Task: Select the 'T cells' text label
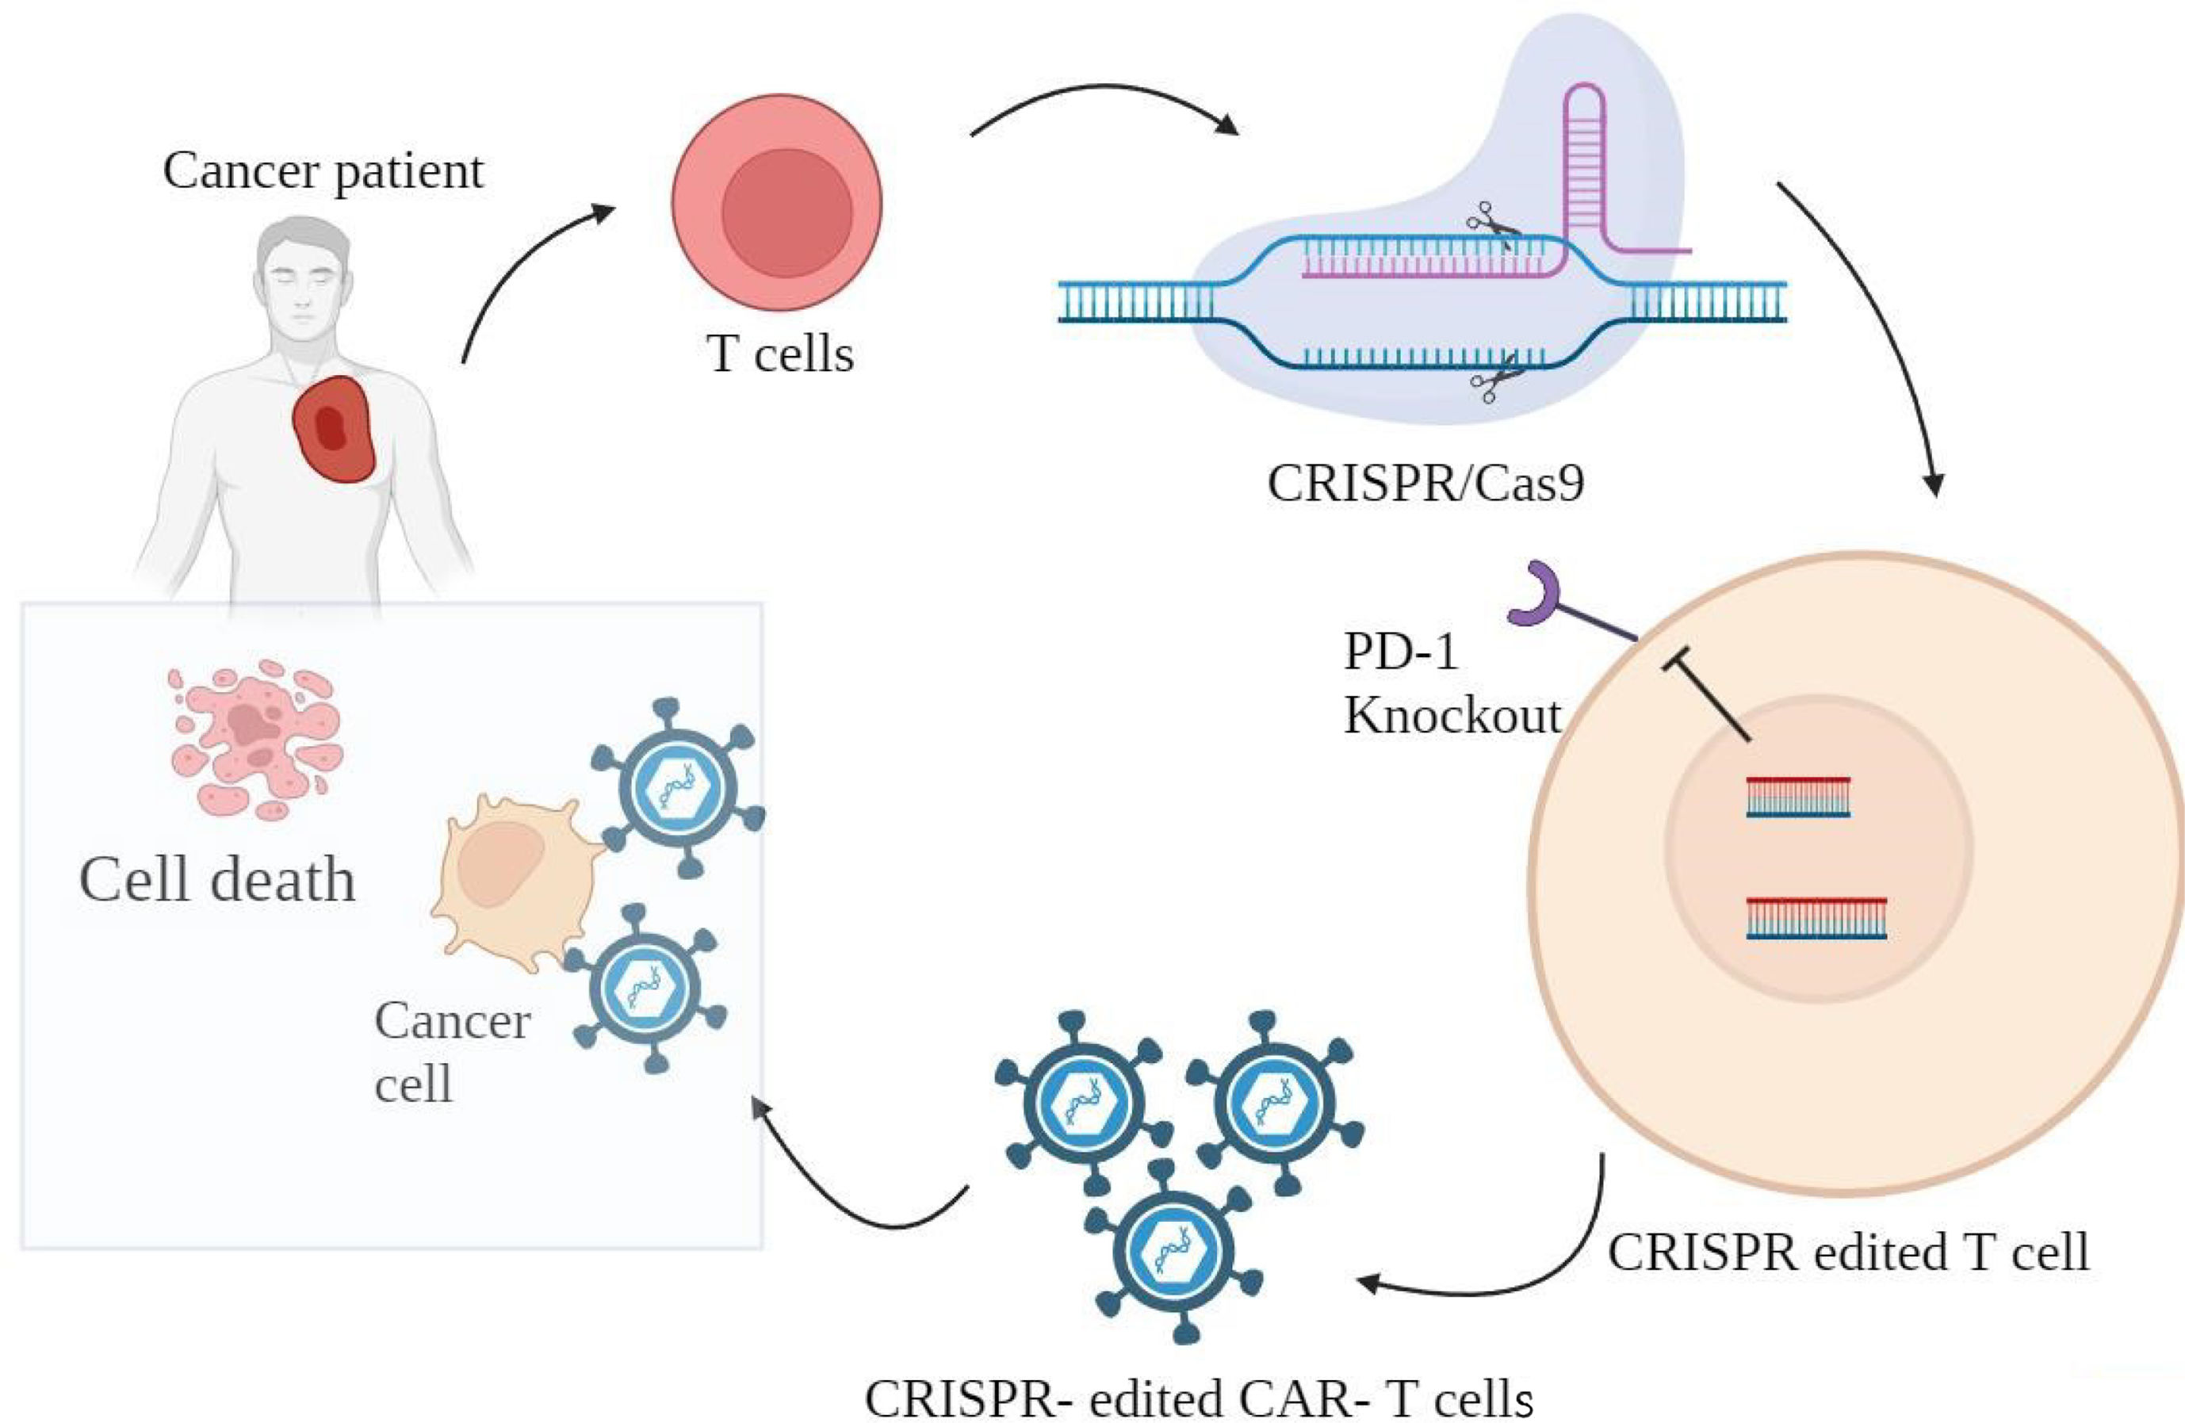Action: click(x=780, y=354)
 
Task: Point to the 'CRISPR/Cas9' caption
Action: click(x=1425, y=483)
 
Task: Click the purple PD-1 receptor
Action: click(x=1536, y=597)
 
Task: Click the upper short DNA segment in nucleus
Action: click(x=1797, y=797)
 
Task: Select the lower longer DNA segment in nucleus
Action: click(x=1816, y=918)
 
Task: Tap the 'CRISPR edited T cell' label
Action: click(x=1848, y=1250)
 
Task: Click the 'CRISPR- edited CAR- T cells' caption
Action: click(x=1199, y=1398)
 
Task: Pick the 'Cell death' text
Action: click(x=217, y=879)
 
